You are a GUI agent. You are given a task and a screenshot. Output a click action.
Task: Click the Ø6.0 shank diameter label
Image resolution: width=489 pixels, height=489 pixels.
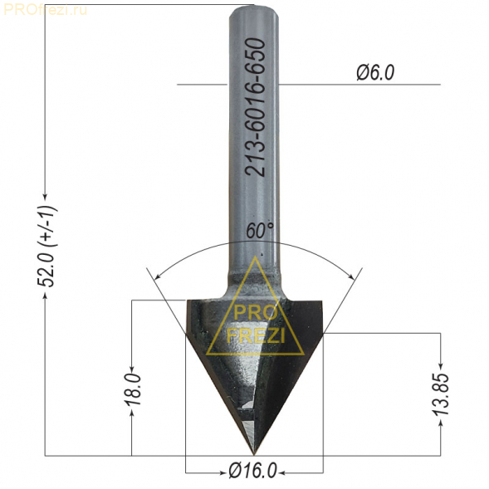375,73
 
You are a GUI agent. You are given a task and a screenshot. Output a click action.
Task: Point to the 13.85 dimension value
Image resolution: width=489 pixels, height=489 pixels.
441,394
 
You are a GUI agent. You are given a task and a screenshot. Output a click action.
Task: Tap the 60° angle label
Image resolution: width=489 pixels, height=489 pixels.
260,231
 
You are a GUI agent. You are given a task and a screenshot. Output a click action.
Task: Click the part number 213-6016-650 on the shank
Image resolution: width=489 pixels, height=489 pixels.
256,108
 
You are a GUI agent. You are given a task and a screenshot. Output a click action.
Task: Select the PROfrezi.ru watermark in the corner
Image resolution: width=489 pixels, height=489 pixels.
46,10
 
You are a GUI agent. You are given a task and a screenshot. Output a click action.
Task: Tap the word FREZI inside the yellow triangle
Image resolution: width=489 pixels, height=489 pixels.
255,335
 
